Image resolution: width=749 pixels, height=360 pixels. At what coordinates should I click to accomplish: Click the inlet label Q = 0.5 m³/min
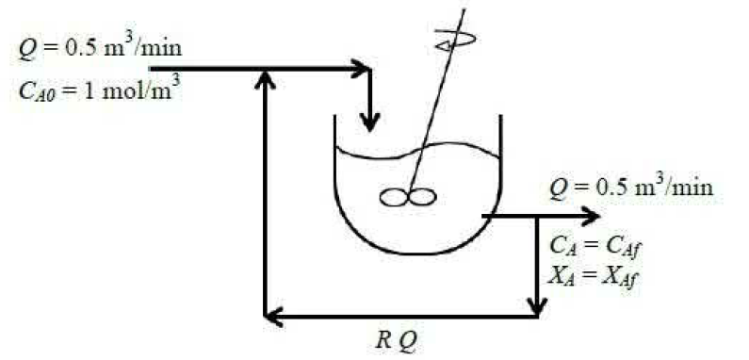tap(100, 47)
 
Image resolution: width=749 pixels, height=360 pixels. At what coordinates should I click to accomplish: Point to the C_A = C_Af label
tap(594, 247)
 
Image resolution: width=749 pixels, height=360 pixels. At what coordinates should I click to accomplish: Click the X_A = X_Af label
tap(594, 277)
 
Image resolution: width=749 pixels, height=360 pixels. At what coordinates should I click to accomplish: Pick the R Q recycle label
tap(398, 340)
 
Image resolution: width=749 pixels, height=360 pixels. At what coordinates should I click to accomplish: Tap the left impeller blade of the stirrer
tap(394, 198)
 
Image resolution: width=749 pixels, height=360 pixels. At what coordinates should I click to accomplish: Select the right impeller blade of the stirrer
tap(422, 197)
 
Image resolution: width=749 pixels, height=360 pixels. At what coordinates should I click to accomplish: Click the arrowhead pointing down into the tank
tap(369, 123)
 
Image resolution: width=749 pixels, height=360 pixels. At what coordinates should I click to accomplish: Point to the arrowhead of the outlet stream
tap(590, 217)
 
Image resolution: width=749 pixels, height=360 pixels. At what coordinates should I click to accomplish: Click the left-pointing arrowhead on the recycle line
tap(274, 316)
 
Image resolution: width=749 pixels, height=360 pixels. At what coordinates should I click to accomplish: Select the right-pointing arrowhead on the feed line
tap(361, 70)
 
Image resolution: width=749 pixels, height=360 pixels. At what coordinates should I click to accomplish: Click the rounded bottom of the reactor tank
tap(417, 253)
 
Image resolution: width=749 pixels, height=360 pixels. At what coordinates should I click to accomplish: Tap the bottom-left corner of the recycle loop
tap(266, 316)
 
